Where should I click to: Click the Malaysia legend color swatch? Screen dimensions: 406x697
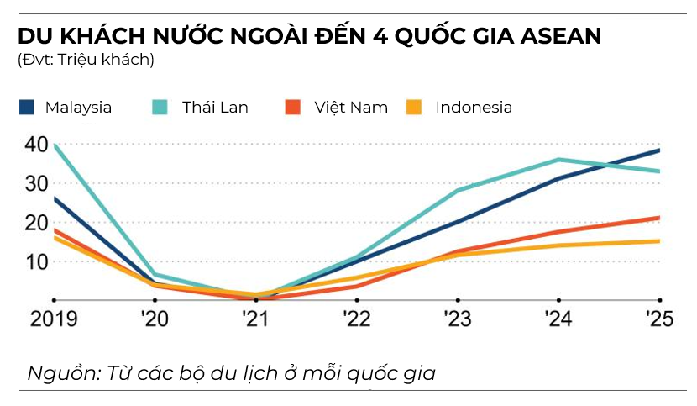(27, 108)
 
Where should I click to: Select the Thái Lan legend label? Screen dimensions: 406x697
(215, 108)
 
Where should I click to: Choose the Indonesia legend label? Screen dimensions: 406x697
(474, 108)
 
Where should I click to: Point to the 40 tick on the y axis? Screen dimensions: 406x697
(37, 145)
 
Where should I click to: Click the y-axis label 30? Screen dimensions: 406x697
(37, 183)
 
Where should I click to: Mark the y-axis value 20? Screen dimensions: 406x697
(37, 223)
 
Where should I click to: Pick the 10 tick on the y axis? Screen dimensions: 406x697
(37, 261)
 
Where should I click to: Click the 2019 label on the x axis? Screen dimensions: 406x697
(53, 319)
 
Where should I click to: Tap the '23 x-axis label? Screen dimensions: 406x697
(457, 319)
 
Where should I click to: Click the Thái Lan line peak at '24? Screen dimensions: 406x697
(558, 159)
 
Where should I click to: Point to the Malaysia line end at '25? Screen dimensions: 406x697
(659, 150)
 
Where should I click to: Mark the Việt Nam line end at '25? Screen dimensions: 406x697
(659, 218)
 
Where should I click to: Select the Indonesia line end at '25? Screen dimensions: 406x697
(659, 241)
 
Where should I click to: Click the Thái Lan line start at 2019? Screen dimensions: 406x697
(55, 145)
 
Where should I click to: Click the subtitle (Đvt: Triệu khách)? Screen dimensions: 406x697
(85, 60)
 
